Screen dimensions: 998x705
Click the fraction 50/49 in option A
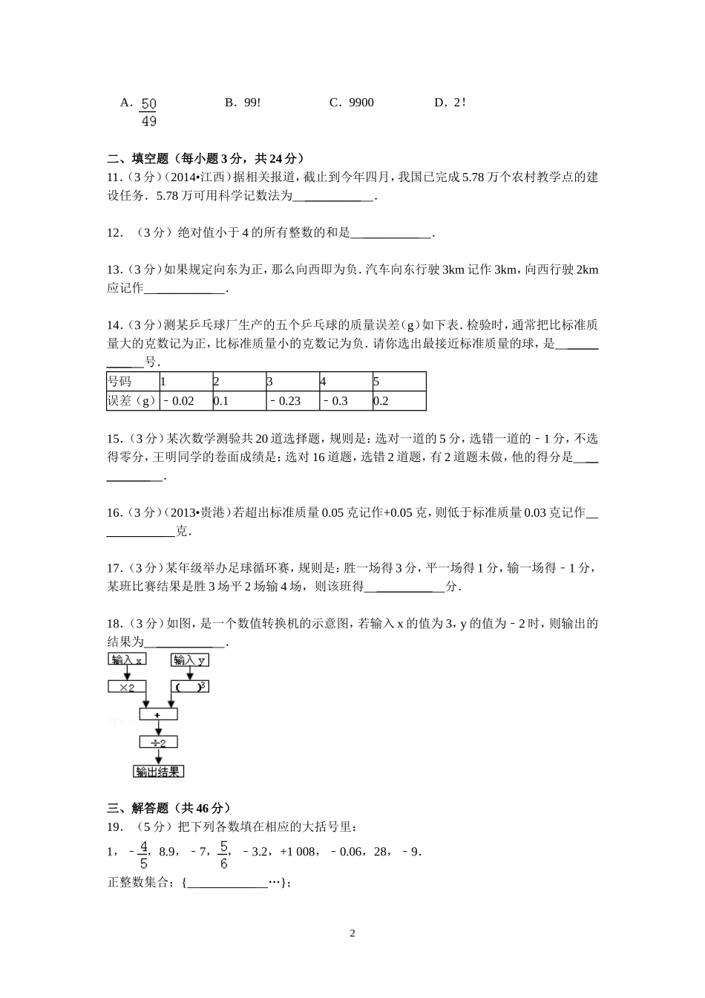[x=148, y=112]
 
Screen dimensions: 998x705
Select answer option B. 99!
[x=243, y=102]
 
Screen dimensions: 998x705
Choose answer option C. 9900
[x=352, y=102]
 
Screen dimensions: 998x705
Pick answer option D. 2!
[x=450, y=102]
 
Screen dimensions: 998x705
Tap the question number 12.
[x=114, y=232]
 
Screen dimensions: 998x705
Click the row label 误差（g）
[x=132, y=401]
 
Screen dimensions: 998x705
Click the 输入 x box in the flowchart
[x=128, y=659]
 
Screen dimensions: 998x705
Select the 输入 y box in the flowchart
[x=190, y=659]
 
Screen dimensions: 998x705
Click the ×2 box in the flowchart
[x=127, y=687]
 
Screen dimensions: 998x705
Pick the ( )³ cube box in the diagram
[x=190, y=687]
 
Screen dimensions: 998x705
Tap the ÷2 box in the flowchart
[x=158, y=742]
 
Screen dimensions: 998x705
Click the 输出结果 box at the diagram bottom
[x=158, y=772]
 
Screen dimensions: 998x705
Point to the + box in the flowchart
[x=158, y=714]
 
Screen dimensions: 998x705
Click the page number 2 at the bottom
[x=352, y=933]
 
